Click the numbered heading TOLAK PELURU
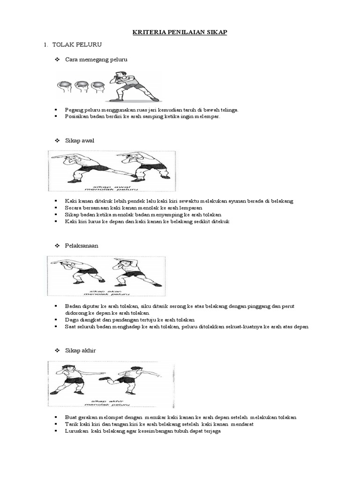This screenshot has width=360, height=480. [77, 45]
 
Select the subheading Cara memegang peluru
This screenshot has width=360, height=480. [96, 60]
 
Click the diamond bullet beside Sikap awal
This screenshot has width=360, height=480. [58, 141]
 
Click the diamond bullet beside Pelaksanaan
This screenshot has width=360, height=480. [58, 246]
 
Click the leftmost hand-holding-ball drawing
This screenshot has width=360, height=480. [64, 87]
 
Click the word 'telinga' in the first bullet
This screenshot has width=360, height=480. [230, 109]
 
